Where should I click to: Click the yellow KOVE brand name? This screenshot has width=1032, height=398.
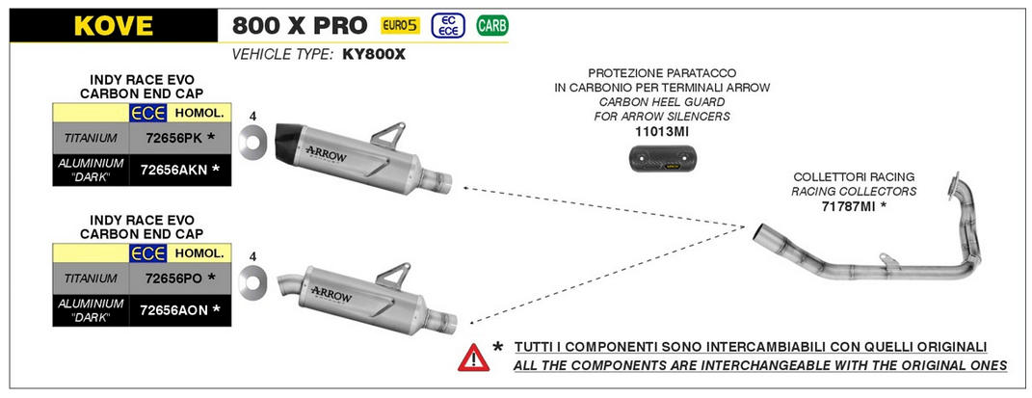(x=113, y=26)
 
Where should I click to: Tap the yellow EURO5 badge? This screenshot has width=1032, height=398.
(x=400, y=26)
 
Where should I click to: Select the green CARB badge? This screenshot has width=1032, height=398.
(x=492, y=26)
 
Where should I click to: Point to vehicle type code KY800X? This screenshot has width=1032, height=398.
(x=373, y=55)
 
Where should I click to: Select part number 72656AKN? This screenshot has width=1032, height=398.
(x=174, y=169)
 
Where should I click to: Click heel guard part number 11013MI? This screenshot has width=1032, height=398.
(x=661, y=131)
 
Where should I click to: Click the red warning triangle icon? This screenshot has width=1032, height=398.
(x=473, y=358)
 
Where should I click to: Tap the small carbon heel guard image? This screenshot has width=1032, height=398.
(x=661, y=159)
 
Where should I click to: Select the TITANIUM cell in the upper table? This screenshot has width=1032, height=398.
(x=91, y=138)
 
